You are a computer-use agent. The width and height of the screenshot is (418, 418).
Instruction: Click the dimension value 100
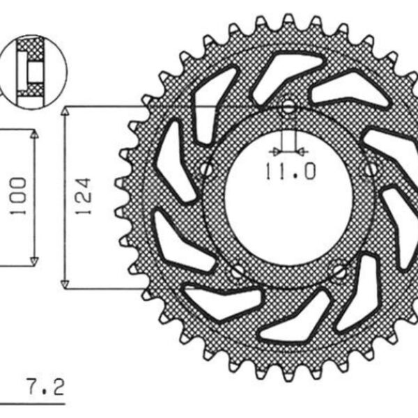pyautogui.click(x=19, y=196)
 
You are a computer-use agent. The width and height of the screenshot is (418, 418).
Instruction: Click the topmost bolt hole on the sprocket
pyautogui.click(x=288, y=108)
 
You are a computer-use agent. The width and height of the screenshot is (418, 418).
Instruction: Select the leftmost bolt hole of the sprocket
pyautogui.click(x=206, y=169)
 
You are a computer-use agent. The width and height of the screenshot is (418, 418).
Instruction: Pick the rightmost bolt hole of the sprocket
pyautogui.click(x=371, y=169)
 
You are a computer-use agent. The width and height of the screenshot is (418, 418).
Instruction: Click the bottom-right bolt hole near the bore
pyautogui.click(x=339, y=272)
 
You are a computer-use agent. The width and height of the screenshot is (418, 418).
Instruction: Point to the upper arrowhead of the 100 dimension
pyautogui.click(x=33, y=134)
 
